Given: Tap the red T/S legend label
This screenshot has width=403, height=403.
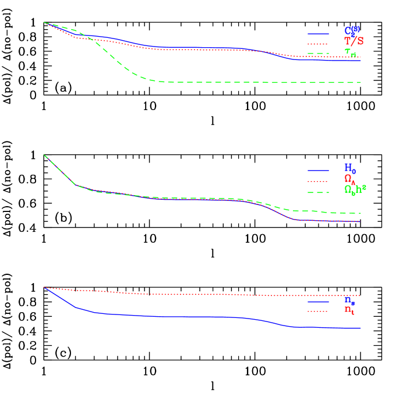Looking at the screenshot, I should coord(353,41).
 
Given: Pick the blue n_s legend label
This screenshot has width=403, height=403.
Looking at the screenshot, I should coord(349,301).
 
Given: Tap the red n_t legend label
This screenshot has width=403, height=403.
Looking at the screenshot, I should coord(349,310).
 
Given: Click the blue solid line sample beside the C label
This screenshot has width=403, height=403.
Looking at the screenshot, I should coord(319,33).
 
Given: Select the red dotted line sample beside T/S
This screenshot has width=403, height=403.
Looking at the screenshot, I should coord(319,44).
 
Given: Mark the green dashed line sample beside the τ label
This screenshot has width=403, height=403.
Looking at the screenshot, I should coord(319,54).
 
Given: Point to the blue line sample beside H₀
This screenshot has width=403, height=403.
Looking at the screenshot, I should coord(319,171).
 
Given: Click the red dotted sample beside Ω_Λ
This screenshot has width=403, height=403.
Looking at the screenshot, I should coord(319,181).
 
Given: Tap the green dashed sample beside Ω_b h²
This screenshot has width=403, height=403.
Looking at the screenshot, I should coord(319,192).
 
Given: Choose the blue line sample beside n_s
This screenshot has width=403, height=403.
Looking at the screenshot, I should coord(319,302).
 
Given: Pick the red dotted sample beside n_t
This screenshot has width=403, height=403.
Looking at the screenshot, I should coord(319,312).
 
